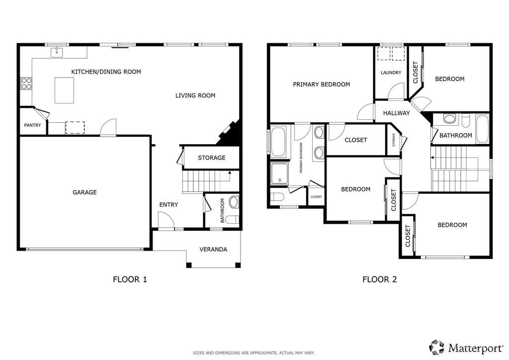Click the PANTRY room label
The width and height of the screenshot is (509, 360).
coord(32,125)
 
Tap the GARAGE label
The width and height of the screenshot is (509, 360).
coord(85,192)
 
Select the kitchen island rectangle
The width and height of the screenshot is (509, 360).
coord(64,90)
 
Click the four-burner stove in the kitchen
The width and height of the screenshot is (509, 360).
coord(26,84)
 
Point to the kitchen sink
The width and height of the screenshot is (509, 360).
coord(57,52)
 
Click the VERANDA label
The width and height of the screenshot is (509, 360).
coord(213,249)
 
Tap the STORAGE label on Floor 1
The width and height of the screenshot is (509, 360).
coord(212,158)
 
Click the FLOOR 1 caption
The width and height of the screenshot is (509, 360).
coord(130,279)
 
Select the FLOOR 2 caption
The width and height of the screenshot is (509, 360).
coord(379,279)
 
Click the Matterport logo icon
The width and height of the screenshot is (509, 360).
coord(437,347)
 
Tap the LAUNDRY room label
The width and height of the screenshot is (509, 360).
coord(391,73)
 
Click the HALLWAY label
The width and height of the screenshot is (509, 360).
coord(396,113)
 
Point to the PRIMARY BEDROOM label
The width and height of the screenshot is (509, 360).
coord(322,85)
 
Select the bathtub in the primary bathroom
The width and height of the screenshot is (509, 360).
coord(278,142)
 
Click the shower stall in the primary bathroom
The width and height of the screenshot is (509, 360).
coord(279,174)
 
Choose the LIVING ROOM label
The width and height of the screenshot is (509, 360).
coord(195,95)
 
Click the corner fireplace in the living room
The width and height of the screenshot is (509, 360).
coord(230,133)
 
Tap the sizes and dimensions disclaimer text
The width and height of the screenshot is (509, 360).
coord(254,353)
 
